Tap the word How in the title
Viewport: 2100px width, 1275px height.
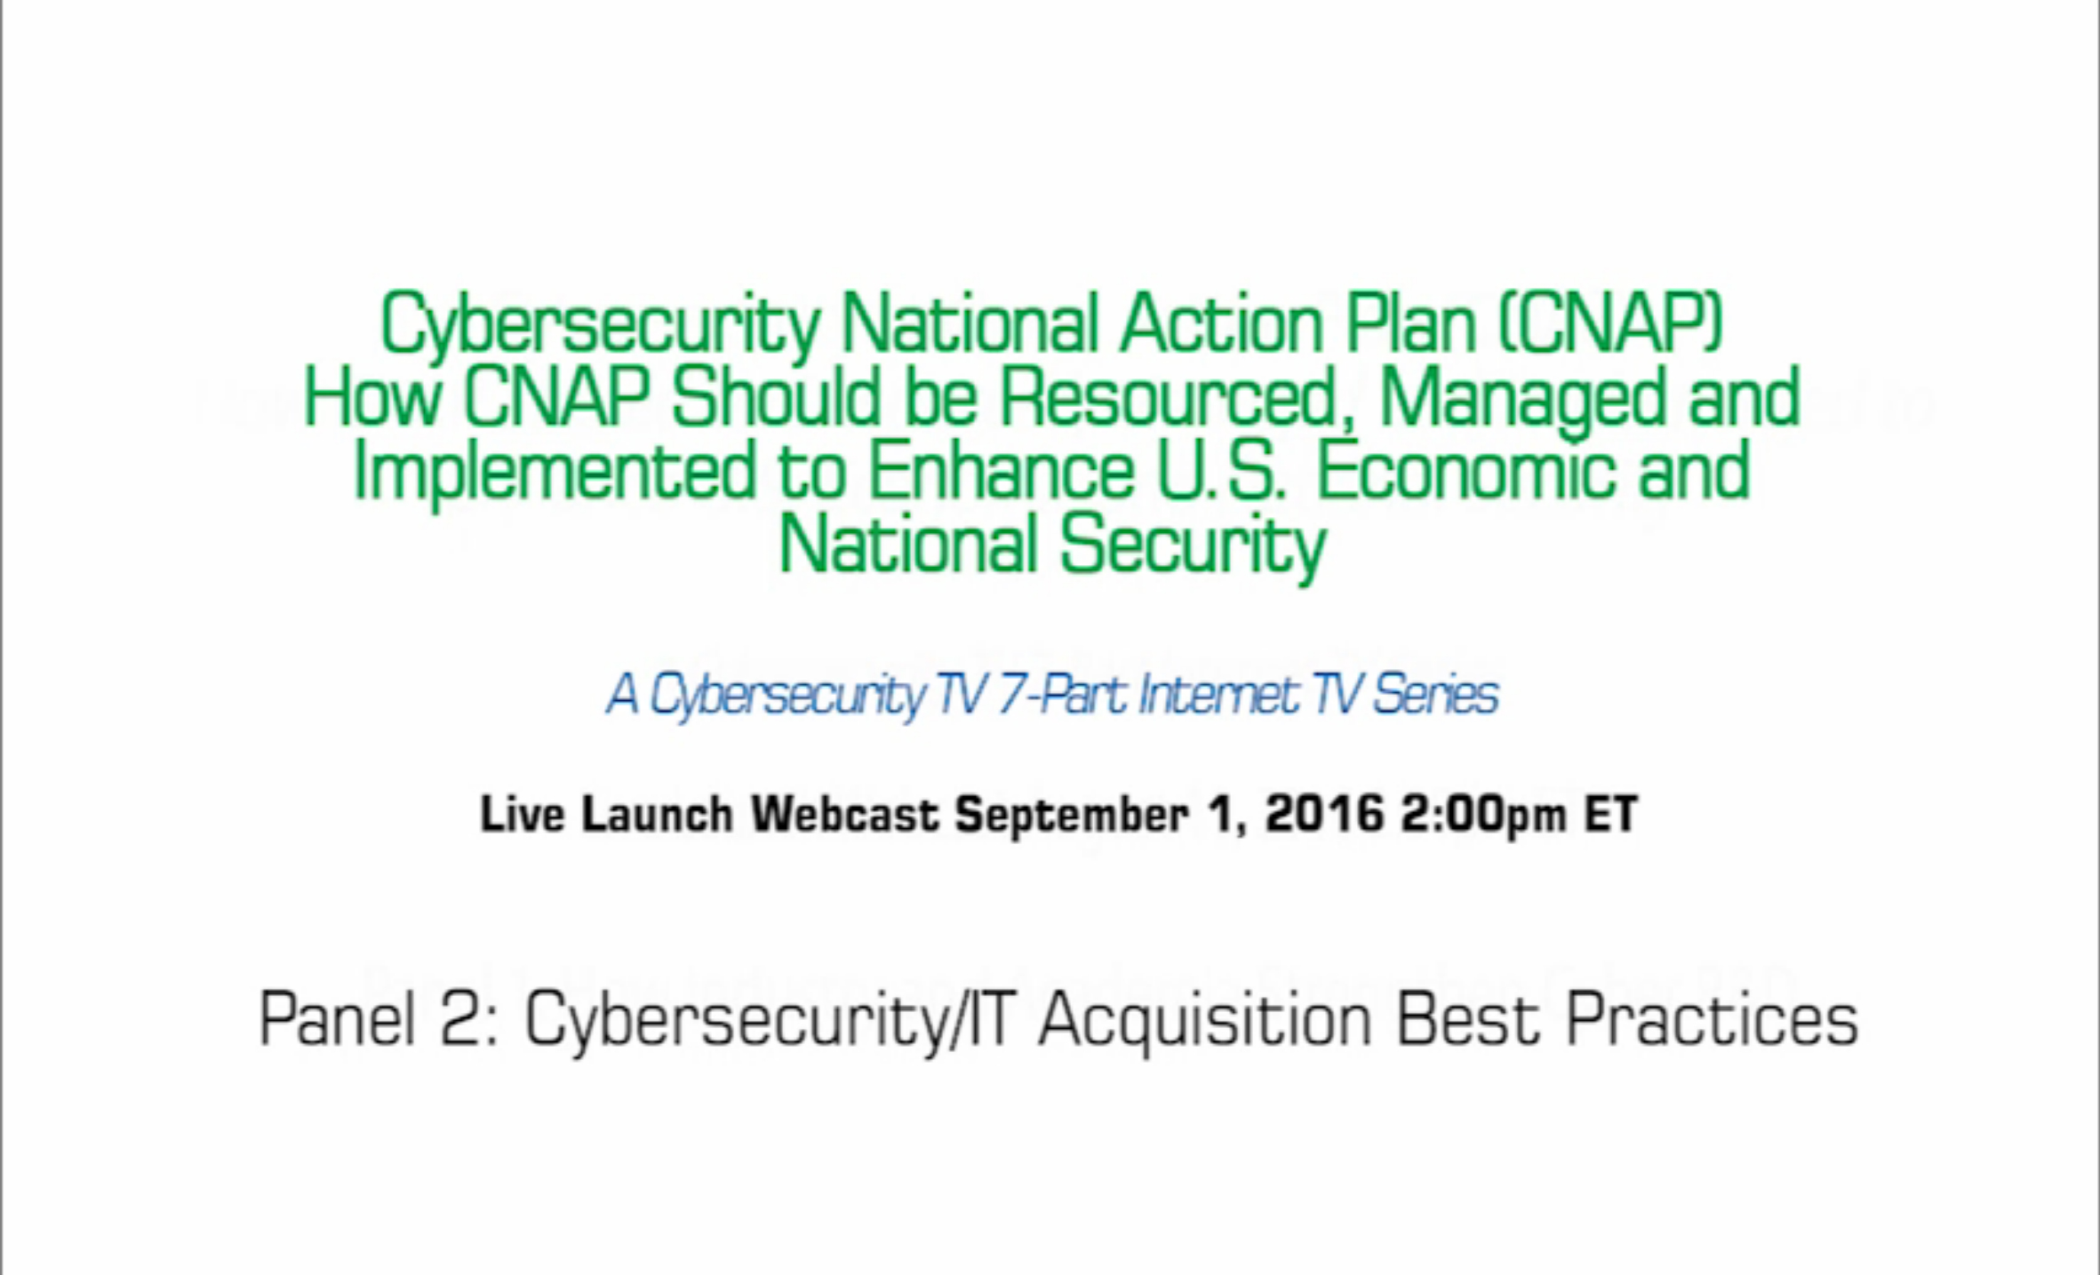pos(371,398)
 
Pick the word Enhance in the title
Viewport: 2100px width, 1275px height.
pos(1000,472)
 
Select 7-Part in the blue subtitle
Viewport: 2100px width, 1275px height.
pos(1063,695)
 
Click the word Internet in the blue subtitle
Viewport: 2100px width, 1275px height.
pos(1218,695)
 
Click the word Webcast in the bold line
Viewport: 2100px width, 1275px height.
pos(845,814)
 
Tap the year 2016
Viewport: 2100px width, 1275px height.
pos(1324,814)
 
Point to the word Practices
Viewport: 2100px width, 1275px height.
pos(1712,1018)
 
